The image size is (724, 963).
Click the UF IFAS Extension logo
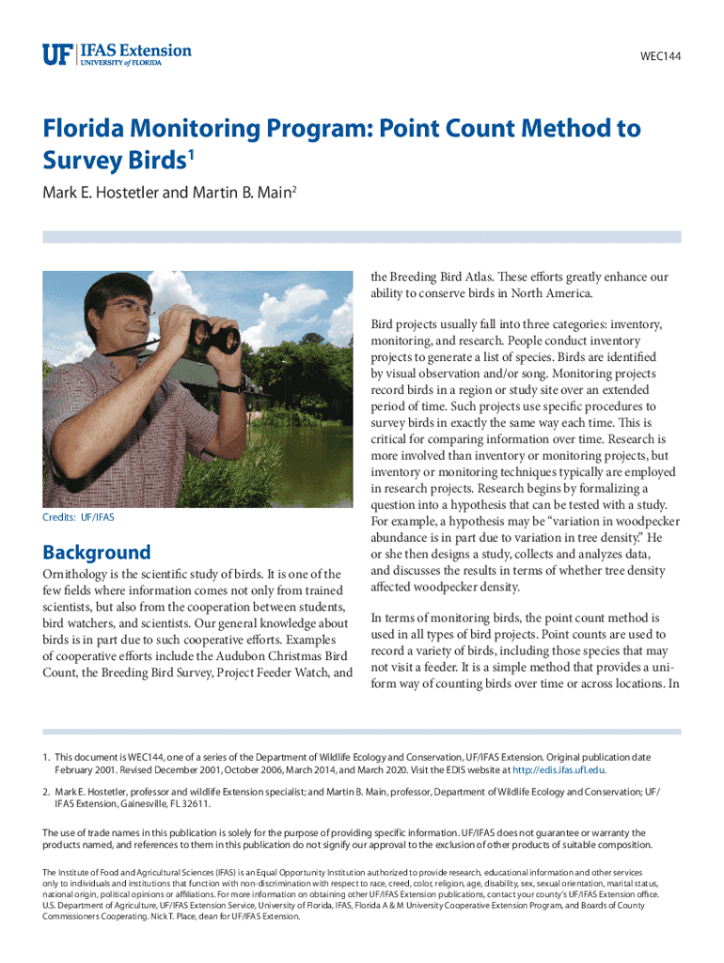coord(117,54)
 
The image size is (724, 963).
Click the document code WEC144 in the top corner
coord(660,56)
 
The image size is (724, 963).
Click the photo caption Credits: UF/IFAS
coord(78,517)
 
